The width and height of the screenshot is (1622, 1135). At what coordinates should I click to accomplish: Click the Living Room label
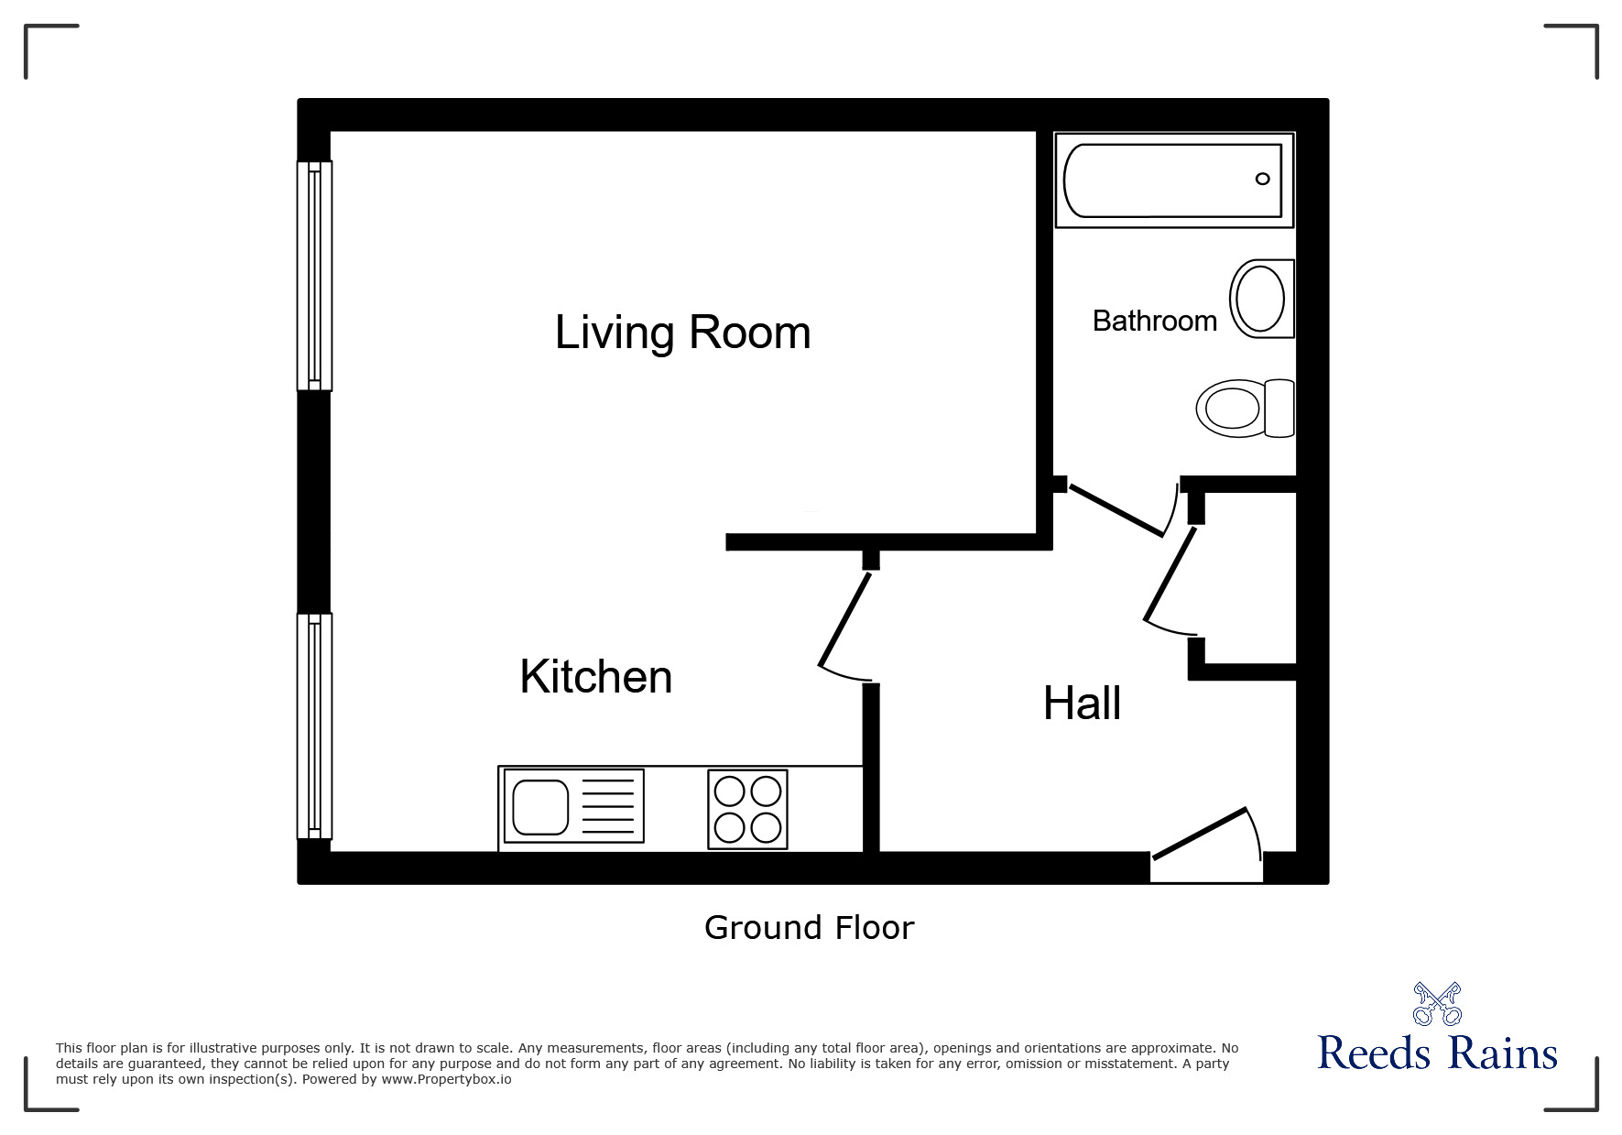[682, 332]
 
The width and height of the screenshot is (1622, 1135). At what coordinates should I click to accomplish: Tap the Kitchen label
[596, 677]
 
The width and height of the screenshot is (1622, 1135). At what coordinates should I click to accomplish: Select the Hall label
[1082, 704]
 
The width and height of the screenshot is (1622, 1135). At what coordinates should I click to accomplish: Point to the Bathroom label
[1155, 321]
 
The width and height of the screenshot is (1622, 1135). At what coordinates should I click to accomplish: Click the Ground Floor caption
[810, 928]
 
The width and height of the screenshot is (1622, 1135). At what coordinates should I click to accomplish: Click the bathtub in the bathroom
[1174, 180]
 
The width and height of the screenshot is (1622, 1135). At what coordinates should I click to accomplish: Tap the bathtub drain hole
[1262, 179]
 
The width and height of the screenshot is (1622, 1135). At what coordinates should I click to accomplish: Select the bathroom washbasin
[1262, 299]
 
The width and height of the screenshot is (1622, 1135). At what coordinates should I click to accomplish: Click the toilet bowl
[1230, 408]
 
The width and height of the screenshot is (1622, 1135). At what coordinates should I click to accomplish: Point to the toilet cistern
[1279, 408]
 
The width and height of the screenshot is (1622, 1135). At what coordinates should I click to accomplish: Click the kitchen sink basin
[540, 807]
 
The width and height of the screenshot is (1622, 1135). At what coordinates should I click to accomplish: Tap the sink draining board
[608, 806]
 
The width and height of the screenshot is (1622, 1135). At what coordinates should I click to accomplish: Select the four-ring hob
[747, 809]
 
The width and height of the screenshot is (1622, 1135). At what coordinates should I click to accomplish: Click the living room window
[314, 276]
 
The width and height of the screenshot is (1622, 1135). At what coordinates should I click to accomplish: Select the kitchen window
[314, 726]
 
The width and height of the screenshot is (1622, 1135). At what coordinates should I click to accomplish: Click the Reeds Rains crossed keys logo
[1437, 1004]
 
